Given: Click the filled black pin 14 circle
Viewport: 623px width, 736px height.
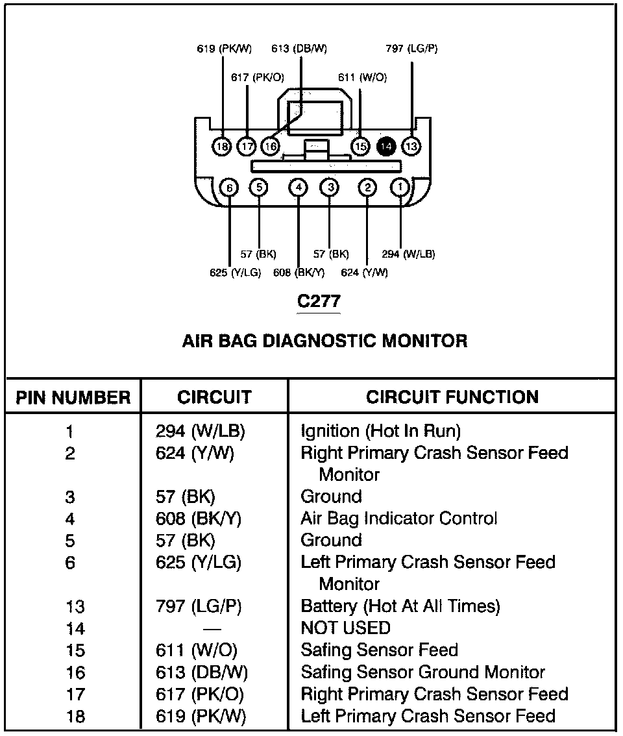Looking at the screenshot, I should (x=385, y=147).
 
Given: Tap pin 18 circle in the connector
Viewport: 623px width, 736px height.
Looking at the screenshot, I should (x=222, y=147).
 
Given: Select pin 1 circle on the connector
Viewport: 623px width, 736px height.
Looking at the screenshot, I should (x=400, y=188).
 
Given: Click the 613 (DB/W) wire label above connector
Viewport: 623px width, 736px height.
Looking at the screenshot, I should (x=299, y=49).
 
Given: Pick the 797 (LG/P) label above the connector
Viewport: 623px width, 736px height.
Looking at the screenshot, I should (x=411, y=49).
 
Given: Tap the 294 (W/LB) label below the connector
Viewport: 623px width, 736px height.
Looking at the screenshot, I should (x=408, y=254).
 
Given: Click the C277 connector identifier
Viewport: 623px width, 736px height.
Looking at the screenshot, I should (x=318, y=301).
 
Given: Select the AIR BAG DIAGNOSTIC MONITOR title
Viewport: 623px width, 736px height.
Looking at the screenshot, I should (x=324, y=341).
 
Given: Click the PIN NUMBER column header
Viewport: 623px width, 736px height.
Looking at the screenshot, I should (x=73, y=397).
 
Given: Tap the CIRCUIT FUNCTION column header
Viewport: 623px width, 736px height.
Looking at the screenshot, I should (x=452, y=397).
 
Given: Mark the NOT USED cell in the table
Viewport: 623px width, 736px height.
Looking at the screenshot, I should (x=345, y=628).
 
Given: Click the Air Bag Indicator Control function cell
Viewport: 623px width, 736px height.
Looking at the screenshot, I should (x=398, y=519).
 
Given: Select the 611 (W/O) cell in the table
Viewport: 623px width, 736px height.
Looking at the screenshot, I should (x=197, y=650).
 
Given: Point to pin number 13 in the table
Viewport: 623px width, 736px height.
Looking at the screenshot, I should (x=75, y=607).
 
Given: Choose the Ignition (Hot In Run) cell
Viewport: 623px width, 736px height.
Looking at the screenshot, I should (x=380, y=431).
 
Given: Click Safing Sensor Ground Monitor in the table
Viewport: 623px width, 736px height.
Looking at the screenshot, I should (x=422, y=672).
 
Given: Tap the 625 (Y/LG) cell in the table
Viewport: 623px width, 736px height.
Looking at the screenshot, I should (x=199, y=562).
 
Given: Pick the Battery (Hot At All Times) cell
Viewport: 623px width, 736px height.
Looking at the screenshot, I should (x=400, y=606).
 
